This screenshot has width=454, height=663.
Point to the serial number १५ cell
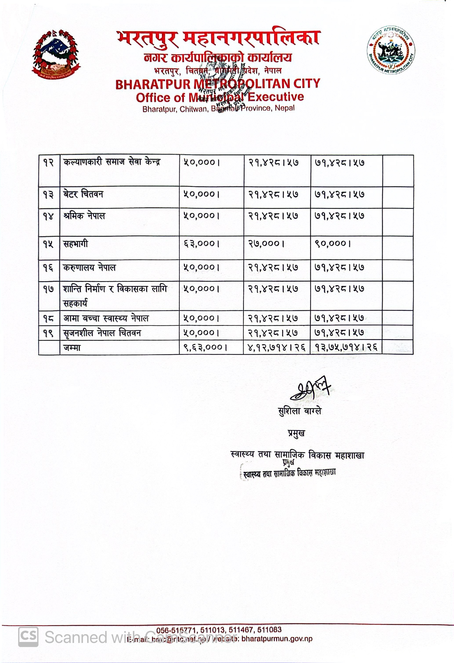pyautogui.click(x=49, y=244)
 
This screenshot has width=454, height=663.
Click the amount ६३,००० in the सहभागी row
pyautogui.click(x=201, y=244)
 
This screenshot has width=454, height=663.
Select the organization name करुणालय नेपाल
pyautogui.click(x=89, y=268)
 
